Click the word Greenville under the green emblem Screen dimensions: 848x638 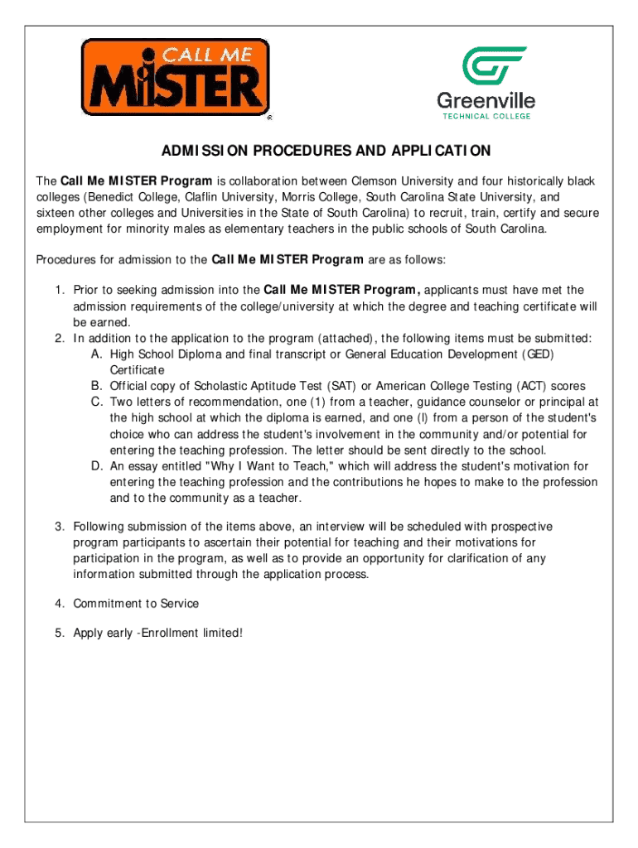(x=486, y=102)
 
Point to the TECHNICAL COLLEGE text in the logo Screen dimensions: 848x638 (x=486, y=117)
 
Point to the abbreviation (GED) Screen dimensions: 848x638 (x=538, y=354)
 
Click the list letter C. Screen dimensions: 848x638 (x=97, y=402)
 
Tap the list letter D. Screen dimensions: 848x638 (x=97, y=466)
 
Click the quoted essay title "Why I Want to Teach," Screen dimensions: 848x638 (x=259, y=466)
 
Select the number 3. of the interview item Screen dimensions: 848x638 (x=60, y=527)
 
